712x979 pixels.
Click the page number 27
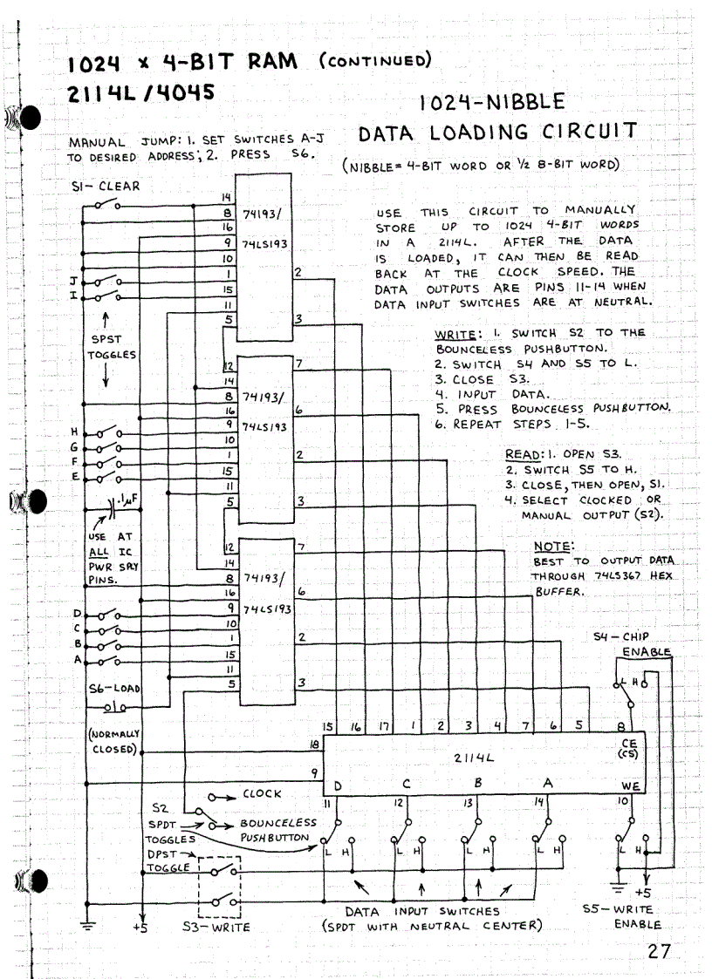pyautogui.click(x=659, y=951)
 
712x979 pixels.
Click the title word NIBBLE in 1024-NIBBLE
pyautogui.click(x=518, y=103)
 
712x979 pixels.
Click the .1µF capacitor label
pyautogui.click(x=129, y=500)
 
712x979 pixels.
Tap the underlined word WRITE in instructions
pyautogui.click(x=455, y=333)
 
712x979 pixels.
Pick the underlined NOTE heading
pyautogui.click(x=551, y=547)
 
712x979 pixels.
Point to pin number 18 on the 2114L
pyautogui.click(x=314, y=744)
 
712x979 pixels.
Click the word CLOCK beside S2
pyautogui.click(x=262, y=793)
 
